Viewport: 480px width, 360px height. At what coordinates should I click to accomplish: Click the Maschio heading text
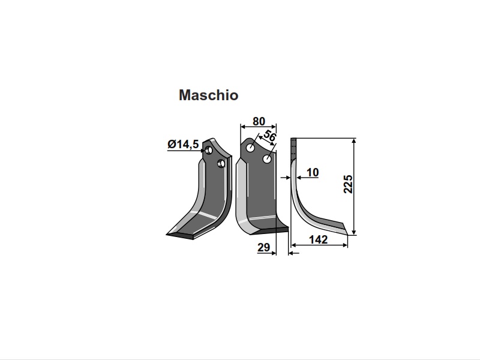pos(208,95)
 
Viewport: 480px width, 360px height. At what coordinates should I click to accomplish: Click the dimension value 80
pos(259,122)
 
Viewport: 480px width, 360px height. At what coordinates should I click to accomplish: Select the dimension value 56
pos(269,136)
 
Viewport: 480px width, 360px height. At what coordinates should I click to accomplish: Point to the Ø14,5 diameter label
pos(183,144)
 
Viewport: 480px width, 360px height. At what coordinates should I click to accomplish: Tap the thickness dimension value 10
pos(312,173)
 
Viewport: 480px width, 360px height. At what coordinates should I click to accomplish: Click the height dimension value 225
pos(348,184)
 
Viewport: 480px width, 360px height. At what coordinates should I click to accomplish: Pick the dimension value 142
pos(319,239)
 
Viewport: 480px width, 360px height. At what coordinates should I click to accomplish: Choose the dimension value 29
pos(263,247)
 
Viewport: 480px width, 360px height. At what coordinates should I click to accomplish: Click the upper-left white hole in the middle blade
pos(251,149)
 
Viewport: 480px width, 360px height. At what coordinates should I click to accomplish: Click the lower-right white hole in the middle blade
pos(267,159)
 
